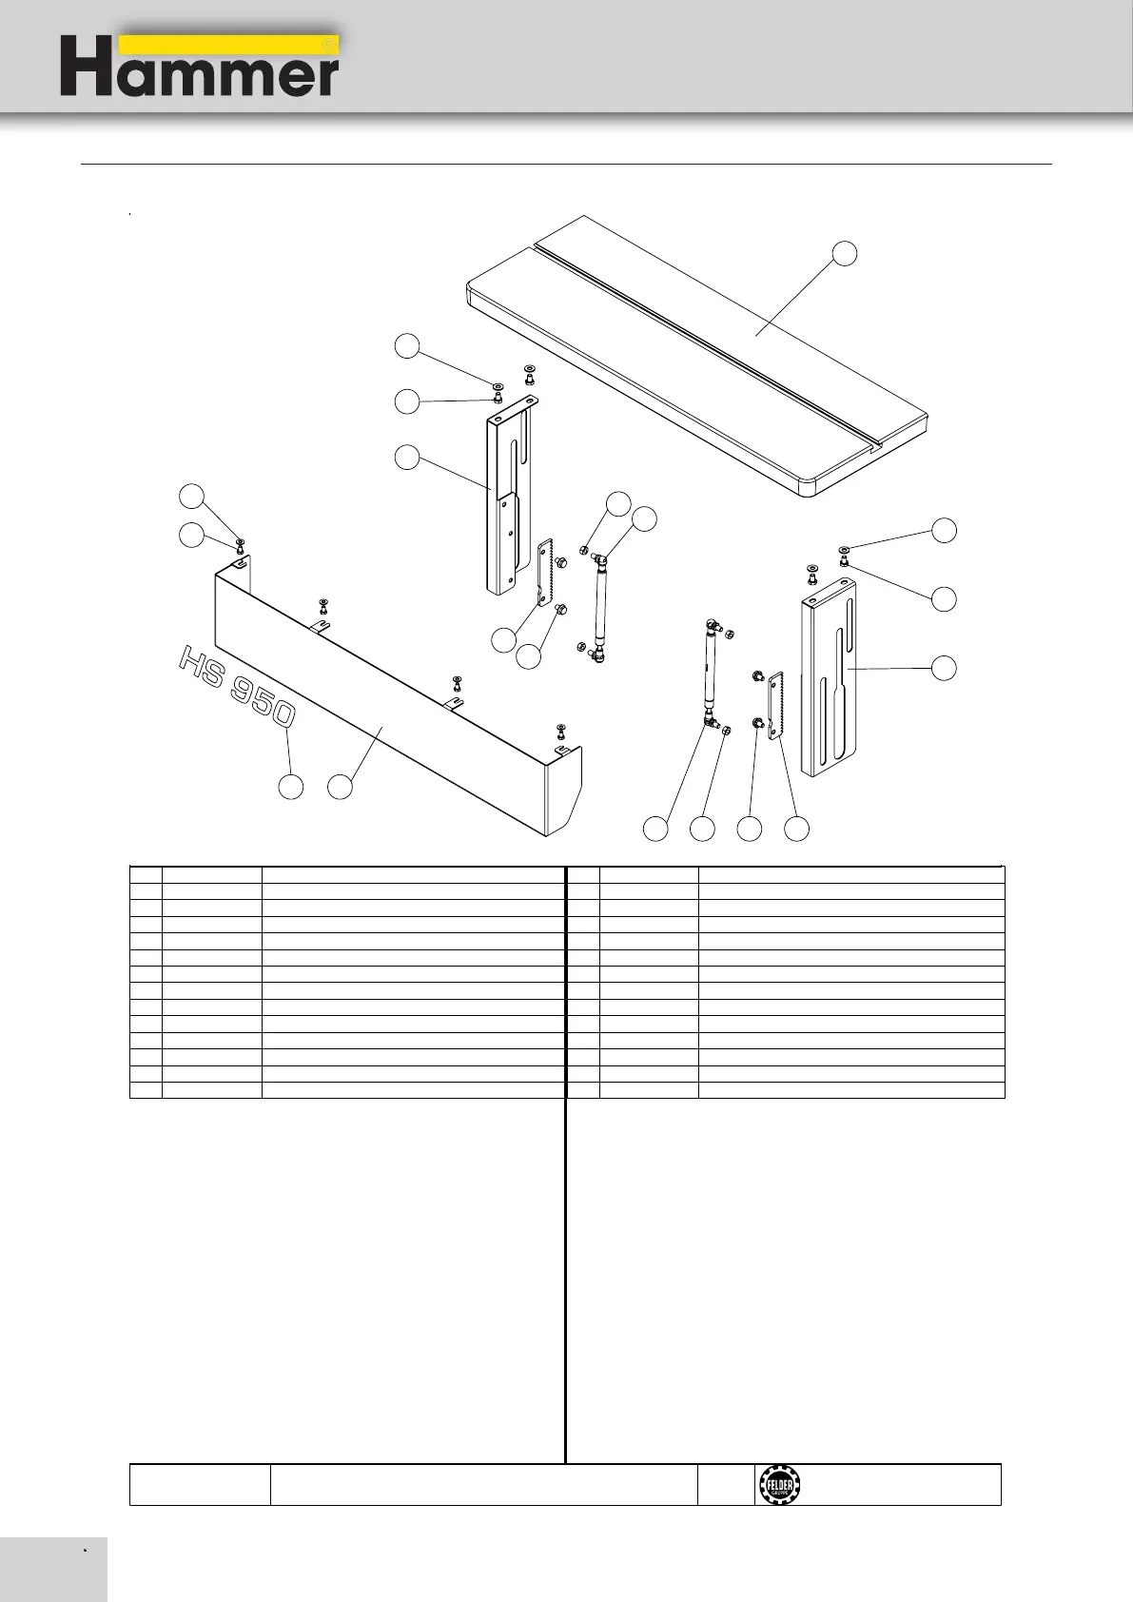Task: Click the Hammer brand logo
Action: pos(200,66)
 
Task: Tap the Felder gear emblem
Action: pos(779,1485)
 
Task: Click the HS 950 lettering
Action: pos(237,685)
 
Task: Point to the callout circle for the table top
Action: pos(844,253)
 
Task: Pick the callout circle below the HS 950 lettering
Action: pos(291,787)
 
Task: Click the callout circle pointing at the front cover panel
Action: pos(340,787)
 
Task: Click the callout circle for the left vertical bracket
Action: pos(407,458)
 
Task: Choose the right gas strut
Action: pos(711,671)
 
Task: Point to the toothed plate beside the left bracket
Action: pos(545,571)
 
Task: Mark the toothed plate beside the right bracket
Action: pos(775,704)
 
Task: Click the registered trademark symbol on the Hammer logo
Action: pos(328,45)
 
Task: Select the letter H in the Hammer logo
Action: pos(85,67)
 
